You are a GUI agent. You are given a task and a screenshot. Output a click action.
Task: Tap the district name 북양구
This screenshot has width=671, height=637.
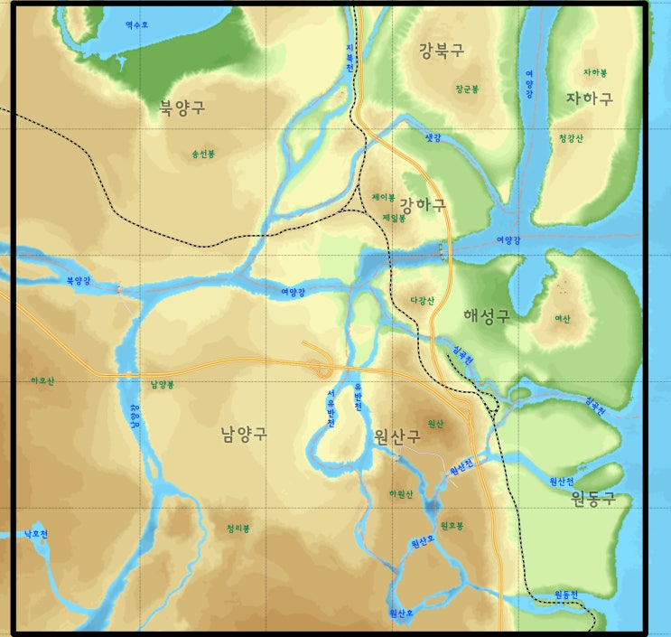pyautogui.click(x=182, y=108)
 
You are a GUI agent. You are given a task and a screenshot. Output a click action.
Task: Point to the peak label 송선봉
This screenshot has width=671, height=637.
pyautogui.click(x=203, y=155)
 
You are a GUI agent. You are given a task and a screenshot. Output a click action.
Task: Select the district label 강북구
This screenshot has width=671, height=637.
pyautogui.click(x=442, y=52)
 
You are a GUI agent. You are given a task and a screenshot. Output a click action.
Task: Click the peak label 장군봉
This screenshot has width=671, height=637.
pyautogui.click(x=467, y=89)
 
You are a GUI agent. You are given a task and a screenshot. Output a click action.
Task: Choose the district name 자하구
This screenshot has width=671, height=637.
pyautogui.click(x=590, y=98)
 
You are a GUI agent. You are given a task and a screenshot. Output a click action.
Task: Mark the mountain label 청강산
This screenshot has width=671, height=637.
pyautogui.click(x=572, y=138)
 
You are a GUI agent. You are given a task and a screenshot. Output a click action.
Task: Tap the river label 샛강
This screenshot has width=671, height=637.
pyautogui.click(x=433, y=138)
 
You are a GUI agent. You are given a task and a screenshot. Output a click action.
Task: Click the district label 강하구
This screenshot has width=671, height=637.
pyautogui.click(x=423, y=206)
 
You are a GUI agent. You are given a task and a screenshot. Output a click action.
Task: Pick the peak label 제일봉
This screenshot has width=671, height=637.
pyautogui.click(x=395, y=218)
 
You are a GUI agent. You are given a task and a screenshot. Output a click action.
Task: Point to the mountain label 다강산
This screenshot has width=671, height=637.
pyautogui.click(x=422, y=301)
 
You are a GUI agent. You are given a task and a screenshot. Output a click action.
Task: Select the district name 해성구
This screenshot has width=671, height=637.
pyautogui.click(x=486, y=315)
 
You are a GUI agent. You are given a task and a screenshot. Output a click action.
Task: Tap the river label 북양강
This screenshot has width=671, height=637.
pyautogui.click(x=79, y=281)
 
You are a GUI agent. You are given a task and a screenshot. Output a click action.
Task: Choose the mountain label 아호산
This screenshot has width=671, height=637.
pyautogui.click(x=42, y=381)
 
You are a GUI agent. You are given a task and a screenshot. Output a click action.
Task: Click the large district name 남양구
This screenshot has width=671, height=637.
pyautogui.click(x=244, y=434)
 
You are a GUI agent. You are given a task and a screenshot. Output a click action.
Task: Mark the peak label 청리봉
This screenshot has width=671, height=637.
pyautogui.click(x=238, y=529)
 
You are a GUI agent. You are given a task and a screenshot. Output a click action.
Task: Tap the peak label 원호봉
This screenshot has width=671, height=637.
pyautogui.click(x=452, y=525)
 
